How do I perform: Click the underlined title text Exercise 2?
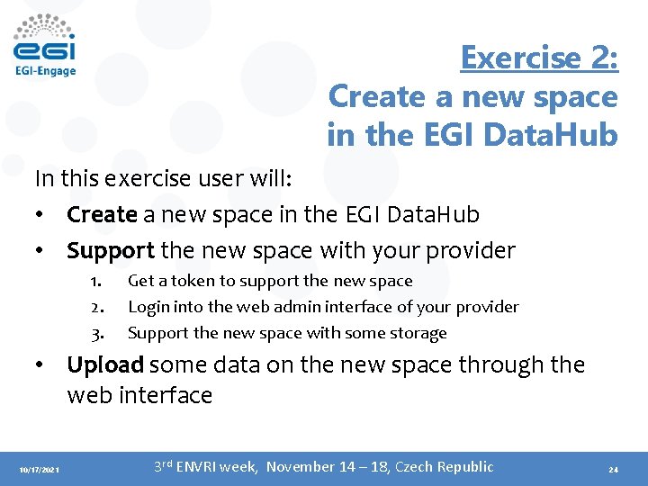click(539, 58)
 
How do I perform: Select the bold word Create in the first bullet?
click(102, 215)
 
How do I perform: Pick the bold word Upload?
click(105, 365)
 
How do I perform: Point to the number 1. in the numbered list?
click(96, 282)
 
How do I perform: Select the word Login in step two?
click(148, 307)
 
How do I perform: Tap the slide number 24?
click(613, 470)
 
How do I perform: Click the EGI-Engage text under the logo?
click(45, 70)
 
